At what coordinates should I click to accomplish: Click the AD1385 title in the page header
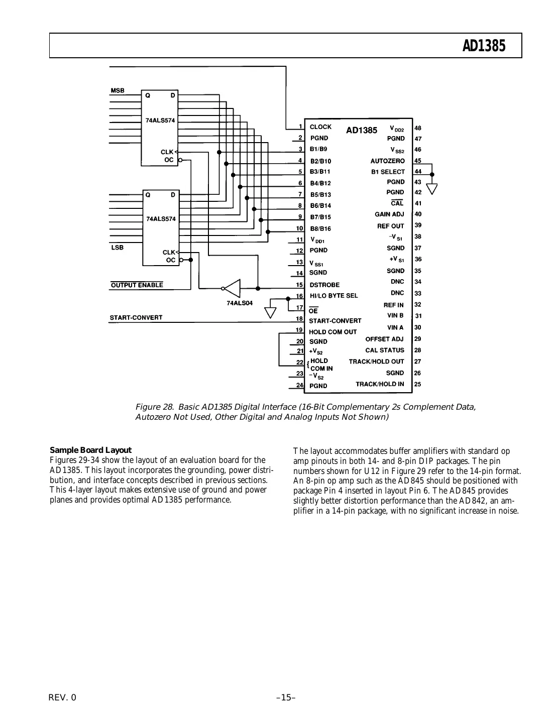(484, 46)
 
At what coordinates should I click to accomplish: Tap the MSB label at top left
(118, 91)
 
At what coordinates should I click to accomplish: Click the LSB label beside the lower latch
(117, 248)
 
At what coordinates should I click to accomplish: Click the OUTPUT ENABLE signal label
(137, 285)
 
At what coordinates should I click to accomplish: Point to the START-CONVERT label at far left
(136, 317)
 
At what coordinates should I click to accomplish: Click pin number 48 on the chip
(418, 128)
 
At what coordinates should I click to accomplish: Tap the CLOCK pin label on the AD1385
(320, 127)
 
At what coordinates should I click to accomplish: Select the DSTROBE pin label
(324, 285)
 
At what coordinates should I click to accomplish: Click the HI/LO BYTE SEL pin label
(334, 296)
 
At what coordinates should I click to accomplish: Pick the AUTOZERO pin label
(387, 161)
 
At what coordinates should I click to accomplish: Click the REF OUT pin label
(390, 226)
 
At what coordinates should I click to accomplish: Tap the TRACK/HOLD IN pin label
(380, 384)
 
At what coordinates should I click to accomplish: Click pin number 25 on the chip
(418, 384)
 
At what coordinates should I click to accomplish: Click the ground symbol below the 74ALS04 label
(270, 312)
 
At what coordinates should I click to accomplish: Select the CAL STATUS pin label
(384, 350)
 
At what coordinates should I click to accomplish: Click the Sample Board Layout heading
(90, 450)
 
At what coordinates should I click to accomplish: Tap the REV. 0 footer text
(63, 697)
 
